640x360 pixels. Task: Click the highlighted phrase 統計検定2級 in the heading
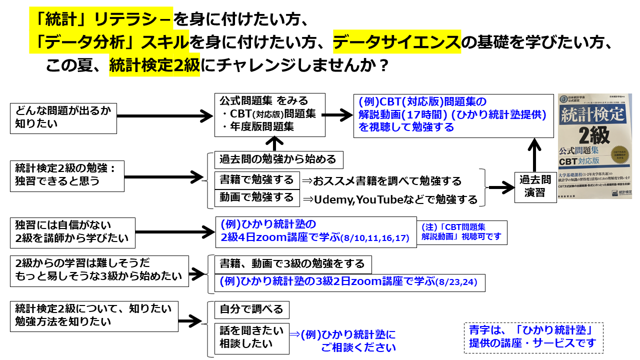(154, 65)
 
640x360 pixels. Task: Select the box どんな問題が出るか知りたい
(63, 118)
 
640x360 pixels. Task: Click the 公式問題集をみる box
(269, 114)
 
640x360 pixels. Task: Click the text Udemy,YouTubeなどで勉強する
(390, 199)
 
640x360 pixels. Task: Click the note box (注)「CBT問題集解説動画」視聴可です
(462, 232)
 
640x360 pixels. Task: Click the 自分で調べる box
(251, 309)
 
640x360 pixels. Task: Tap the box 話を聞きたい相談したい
(251, 337)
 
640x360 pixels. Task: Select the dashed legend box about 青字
(533, 337)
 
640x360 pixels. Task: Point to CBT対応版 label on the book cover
(582, 161)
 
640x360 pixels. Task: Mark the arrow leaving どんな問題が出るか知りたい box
(165, 117)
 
